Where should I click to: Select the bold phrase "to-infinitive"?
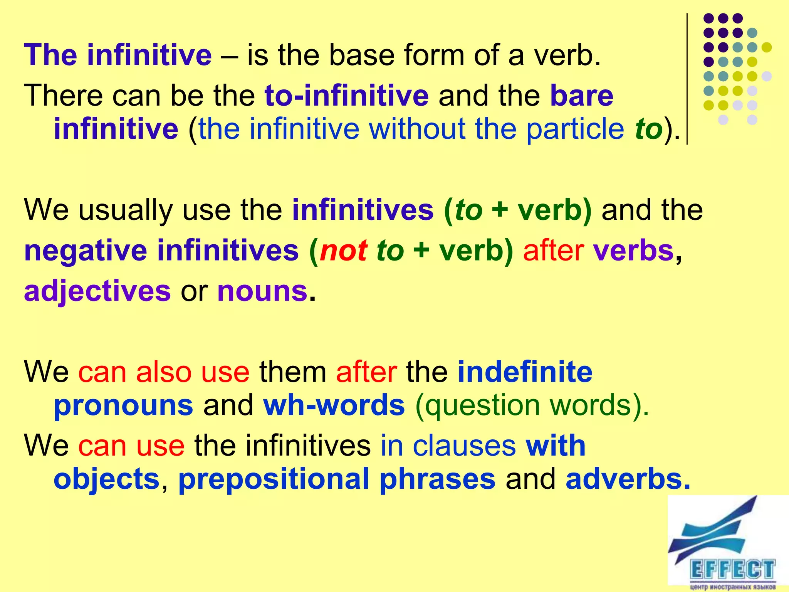346,95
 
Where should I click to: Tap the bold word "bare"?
581,95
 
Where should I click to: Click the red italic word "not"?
343,251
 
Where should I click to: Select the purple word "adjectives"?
97,291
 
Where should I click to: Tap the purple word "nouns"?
262,291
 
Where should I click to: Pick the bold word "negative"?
86,251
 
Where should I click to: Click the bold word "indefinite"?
525,372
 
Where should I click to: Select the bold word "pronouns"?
123,405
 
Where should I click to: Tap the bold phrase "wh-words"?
334,405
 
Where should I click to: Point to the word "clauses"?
464,446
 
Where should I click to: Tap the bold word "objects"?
107,479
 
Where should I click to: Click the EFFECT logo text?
732,569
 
